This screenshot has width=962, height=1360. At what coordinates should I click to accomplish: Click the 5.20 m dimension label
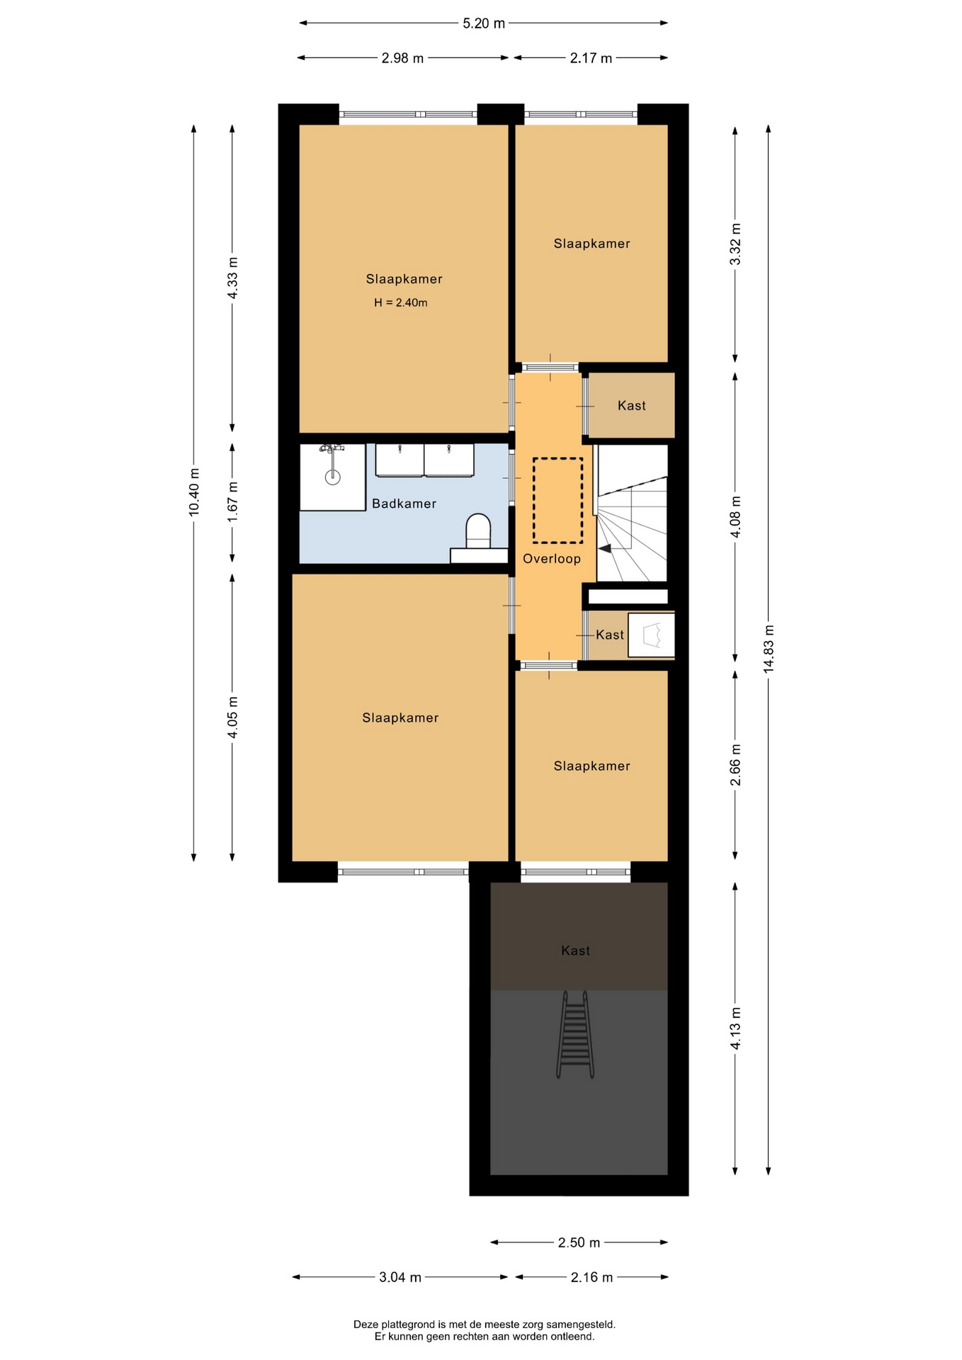pos(484,23)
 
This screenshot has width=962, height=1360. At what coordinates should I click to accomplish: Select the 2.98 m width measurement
pos(402,58)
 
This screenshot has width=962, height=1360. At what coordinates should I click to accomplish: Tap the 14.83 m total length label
pos(769,649)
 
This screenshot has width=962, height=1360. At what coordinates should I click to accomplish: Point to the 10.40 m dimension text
pos(194,492)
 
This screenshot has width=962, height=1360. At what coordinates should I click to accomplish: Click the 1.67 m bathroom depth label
pos(232,501)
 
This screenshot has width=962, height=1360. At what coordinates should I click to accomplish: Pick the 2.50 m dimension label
pos(579,1242)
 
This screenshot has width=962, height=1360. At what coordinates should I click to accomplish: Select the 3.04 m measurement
pos(400,1277)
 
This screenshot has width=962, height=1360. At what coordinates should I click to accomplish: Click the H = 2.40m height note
pos(401,302)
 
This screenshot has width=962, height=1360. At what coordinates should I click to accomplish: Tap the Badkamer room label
pos(404,504)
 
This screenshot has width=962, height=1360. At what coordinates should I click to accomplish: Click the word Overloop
pos(552,559)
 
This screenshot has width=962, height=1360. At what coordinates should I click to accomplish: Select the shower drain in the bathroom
pos(332,477)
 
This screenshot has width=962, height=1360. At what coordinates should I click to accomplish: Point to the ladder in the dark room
pos(575,1034)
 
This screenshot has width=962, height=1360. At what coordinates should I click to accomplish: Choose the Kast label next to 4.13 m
pos(575,951)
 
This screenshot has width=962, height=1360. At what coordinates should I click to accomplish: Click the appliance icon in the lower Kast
pos(651,635)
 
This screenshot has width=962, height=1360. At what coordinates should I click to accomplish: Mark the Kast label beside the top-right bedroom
pos(632,406)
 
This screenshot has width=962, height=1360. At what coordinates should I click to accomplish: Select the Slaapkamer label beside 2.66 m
pos(592,766)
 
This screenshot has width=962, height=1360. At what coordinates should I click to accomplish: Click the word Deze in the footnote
pos(366,1324)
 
